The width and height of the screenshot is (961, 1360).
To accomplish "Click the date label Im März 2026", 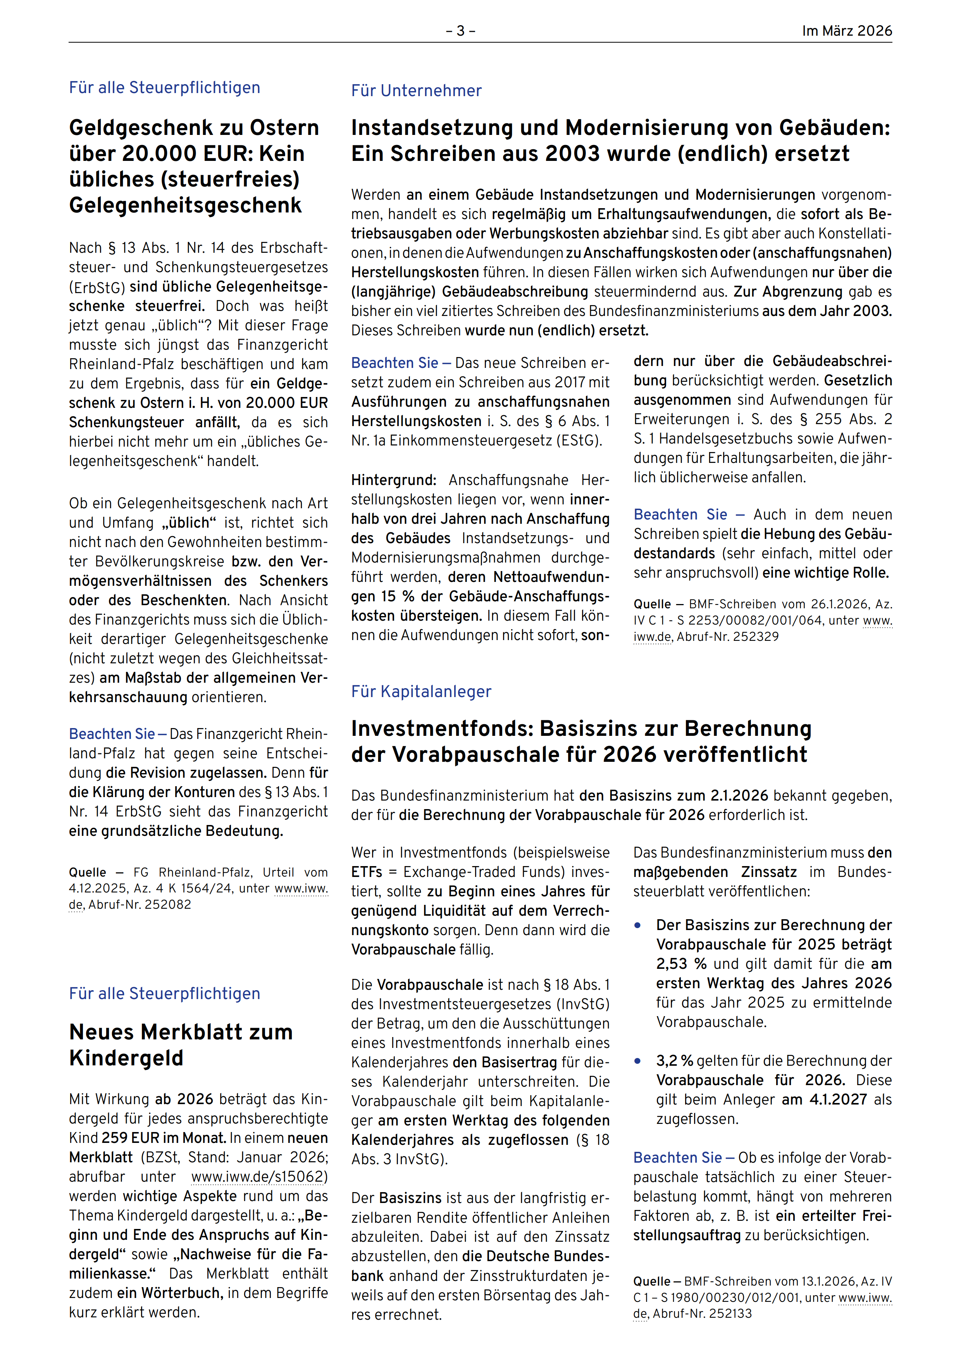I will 847,31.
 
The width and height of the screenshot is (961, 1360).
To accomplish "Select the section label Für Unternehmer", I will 416,91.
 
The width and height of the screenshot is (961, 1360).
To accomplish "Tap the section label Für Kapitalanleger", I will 421,691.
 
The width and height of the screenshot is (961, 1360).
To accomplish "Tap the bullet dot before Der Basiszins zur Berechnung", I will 638,925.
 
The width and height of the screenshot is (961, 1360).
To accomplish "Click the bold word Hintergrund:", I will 394,480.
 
